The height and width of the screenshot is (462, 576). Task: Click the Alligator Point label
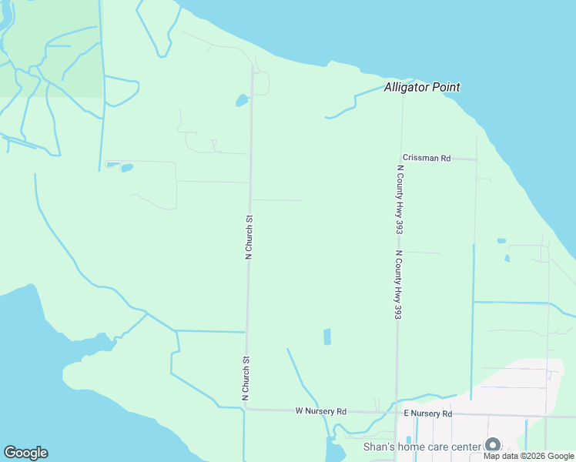tap(422, 88)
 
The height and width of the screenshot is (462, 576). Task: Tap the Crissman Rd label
tap(426, 158)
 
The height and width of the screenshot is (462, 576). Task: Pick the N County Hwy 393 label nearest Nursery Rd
tap(398, 285)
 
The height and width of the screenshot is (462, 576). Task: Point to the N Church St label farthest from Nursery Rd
tap(249, 238)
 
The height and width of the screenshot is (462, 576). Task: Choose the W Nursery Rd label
tap(321, 412)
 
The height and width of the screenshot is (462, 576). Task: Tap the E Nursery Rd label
tap(427, 414)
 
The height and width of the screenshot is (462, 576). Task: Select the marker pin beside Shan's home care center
tap(492, 445)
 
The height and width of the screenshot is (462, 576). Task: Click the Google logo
tap(25, 453)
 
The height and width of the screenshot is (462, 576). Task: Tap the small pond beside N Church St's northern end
tap(242, 101)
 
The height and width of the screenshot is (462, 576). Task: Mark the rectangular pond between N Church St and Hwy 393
tap(327, 336)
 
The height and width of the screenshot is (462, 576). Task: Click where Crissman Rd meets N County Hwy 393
tap(401, 158)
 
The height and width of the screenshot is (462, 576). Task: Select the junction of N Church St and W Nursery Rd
tap(246, 410)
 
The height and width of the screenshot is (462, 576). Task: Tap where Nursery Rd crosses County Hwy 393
tap(397, 413)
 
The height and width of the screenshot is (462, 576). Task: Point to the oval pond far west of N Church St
tap(127, 167)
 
